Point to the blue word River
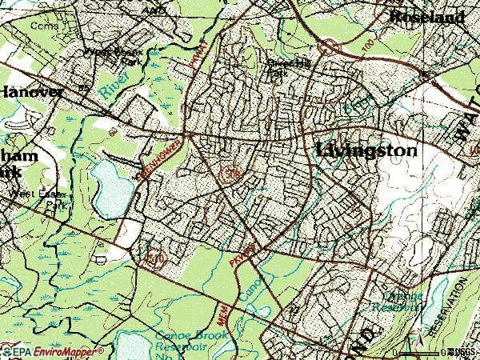click(x=114, y=83)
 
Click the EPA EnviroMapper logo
click(x=52, y=351)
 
